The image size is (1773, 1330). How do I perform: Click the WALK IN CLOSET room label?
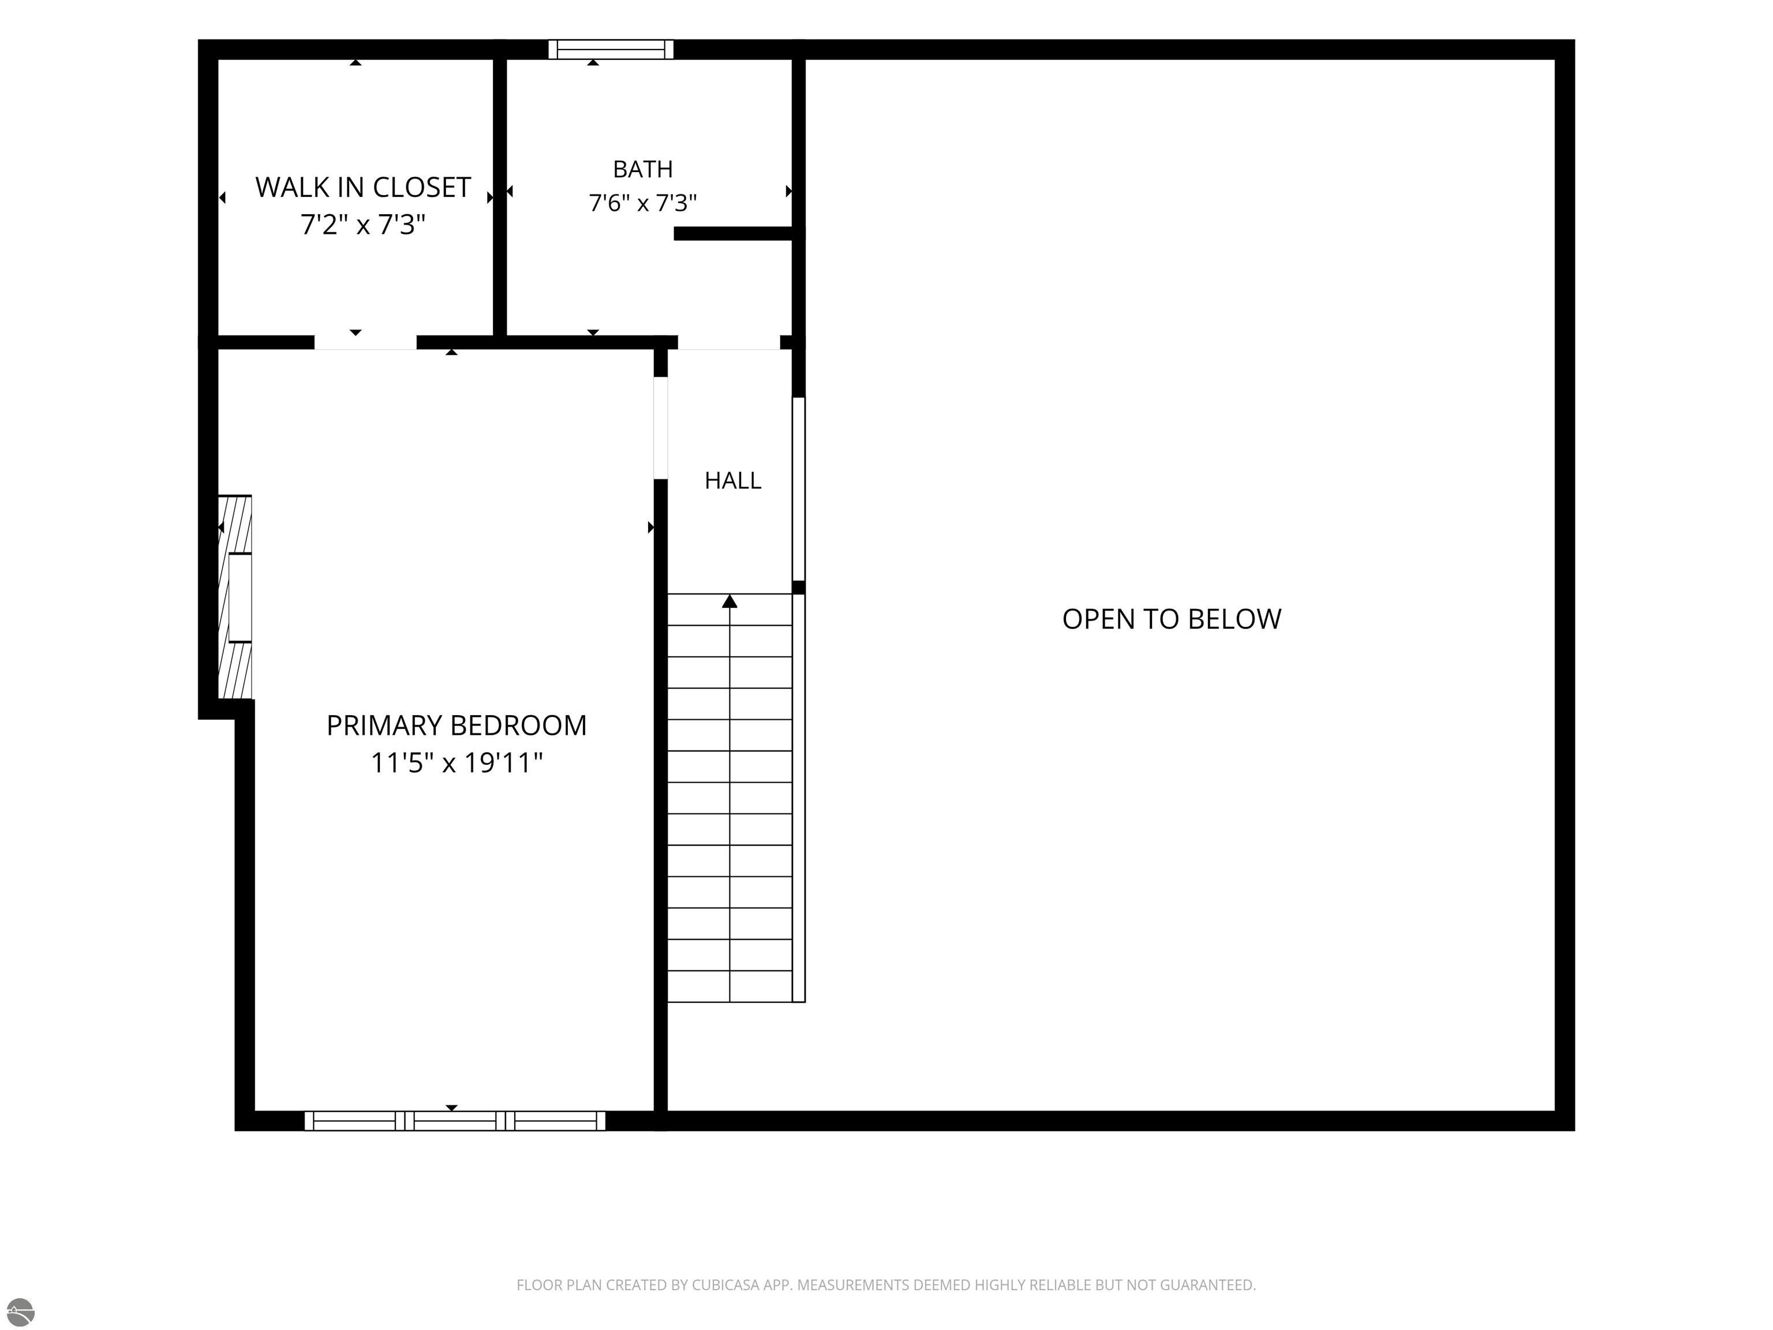tap(362, 188)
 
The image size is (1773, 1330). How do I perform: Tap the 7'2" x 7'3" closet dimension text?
tap(362, 225)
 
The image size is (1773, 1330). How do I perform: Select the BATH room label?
tap(643, 169)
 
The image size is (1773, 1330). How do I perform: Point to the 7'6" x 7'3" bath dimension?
tap(643, 203)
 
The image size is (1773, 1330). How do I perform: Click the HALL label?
tap(732, 480)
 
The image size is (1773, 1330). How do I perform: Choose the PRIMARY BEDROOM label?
tap(456, 726)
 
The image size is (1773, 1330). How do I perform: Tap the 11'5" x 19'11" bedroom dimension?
tap(456, 763)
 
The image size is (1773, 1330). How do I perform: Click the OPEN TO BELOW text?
tap(1172, 619)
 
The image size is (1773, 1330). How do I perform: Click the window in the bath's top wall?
tap(611, 50)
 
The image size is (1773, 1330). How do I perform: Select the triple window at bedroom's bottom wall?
tap(454, 1121)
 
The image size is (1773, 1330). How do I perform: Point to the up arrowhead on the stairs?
tap(730, 602)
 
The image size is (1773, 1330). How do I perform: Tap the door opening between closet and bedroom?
tap(365, 342)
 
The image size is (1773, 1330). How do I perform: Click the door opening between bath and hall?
tap(728, 342)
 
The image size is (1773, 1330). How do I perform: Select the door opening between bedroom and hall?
tap(660, 428)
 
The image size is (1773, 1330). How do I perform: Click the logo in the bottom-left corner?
tap(20, 1312)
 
